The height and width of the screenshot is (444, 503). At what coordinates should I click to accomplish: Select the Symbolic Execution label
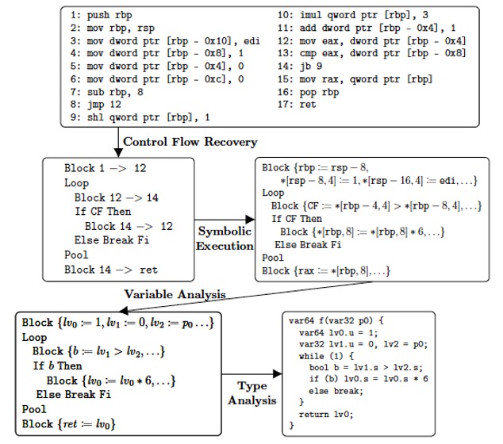coord(224,238)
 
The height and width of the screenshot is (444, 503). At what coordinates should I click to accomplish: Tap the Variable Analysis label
coord(175,294)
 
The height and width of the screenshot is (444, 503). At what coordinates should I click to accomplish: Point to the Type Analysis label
coord(252,393)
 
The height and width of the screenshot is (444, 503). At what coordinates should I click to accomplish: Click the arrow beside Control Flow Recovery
coord(118,141)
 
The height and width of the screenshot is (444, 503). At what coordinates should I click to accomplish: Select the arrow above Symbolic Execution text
coord(225,221)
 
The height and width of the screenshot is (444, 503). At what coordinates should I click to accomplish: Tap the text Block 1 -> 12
coord(104,169)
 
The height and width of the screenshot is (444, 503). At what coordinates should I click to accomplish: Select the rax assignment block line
coord(322,270)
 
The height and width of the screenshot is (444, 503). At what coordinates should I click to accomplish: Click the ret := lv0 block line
coord(69,425)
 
